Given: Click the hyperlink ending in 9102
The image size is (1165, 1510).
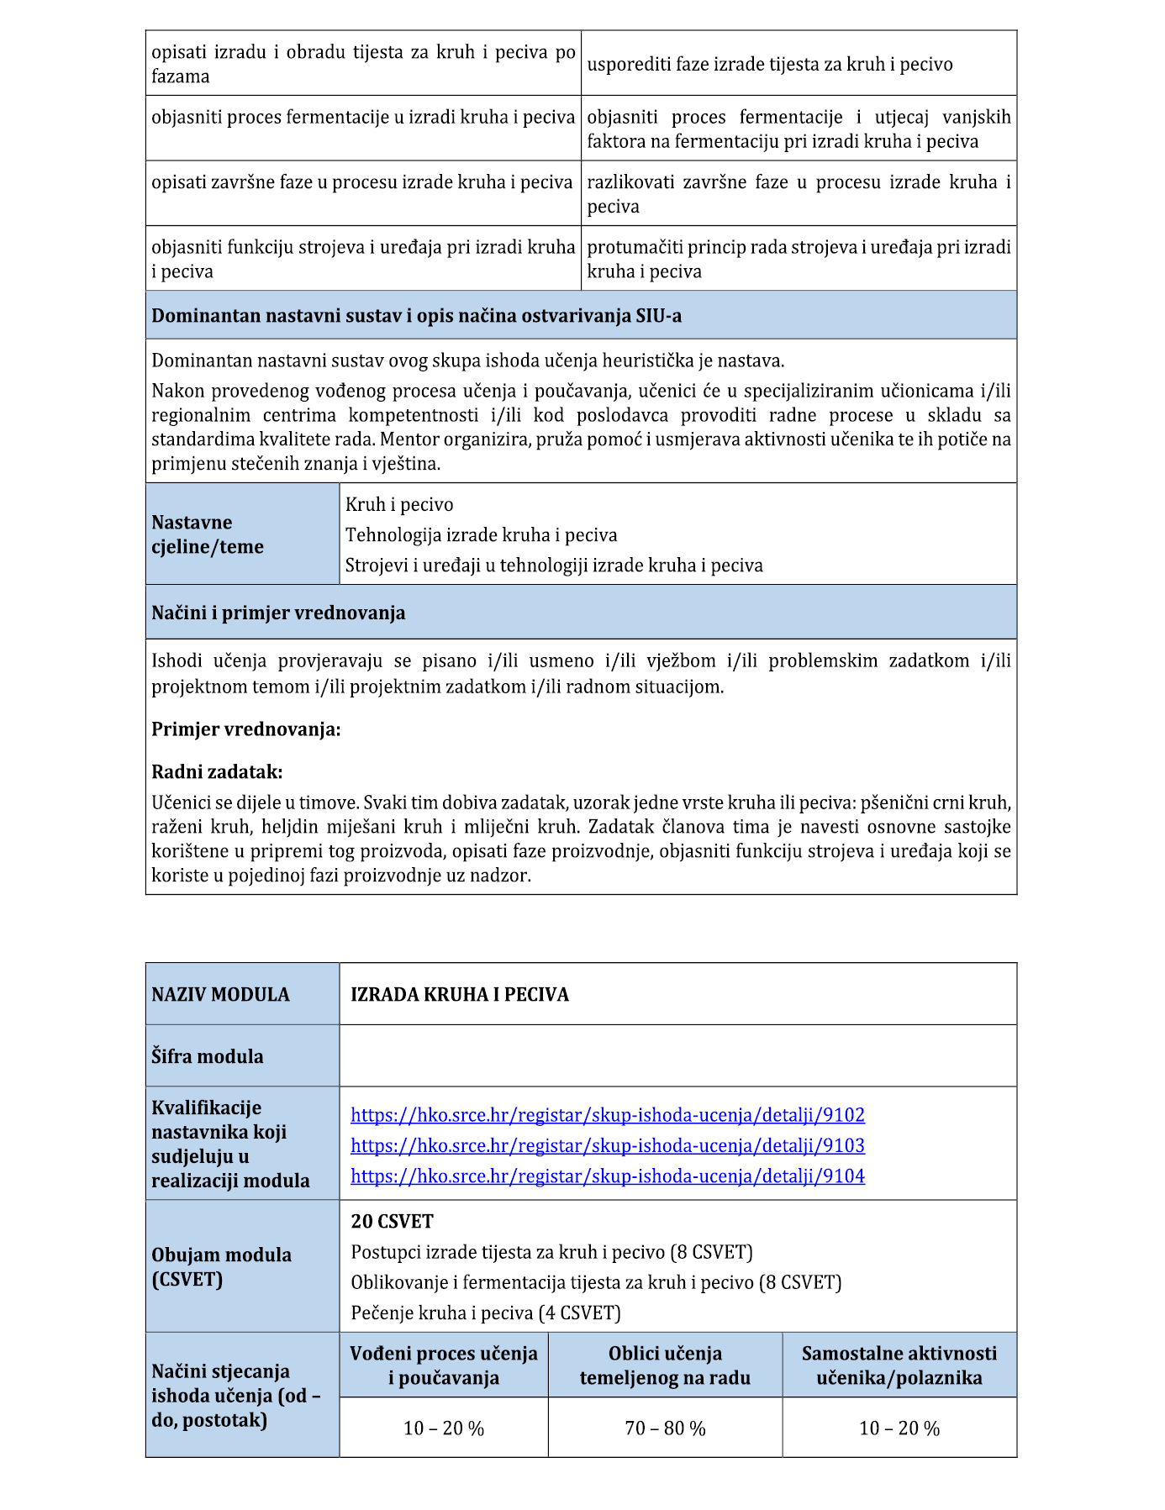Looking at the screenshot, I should pos(607,1115).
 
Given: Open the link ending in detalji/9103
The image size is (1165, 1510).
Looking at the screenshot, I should pos(607,1145).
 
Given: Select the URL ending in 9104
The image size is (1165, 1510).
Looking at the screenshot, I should pos(607,1176).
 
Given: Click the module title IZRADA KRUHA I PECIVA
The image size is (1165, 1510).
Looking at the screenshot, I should pos(459,994).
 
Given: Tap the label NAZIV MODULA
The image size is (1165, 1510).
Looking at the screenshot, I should pos(220,994).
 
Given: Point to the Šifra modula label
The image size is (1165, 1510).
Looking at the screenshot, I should pos(207,1056).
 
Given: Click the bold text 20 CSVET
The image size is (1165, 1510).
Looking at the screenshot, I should pos(392,1221).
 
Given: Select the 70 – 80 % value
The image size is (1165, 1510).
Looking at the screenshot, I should pos(665,1428).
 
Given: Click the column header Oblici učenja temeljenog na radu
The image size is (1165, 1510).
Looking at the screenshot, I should pos(665,1365).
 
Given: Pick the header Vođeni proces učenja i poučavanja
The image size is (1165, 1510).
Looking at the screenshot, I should pos(444,1365).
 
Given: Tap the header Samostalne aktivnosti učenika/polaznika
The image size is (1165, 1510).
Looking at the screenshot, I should pos(899,1365).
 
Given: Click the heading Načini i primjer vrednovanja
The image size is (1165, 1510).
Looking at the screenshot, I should pos(278,613).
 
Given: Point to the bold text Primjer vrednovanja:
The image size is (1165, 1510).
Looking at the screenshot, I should pos(245,729).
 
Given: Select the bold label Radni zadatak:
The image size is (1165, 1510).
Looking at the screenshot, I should pos(217,771).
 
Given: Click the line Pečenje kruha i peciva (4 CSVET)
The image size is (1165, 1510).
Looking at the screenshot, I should pos(486,1313).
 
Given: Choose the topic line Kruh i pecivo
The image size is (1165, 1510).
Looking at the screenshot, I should pos(399,504).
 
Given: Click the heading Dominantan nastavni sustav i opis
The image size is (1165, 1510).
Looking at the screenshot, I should pos(416,316).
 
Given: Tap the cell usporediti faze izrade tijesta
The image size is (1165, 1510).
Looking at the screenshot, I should pos(769,65).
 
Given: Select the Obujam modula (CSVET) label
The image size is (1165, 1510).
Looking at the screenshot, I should pos(221,1266).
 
